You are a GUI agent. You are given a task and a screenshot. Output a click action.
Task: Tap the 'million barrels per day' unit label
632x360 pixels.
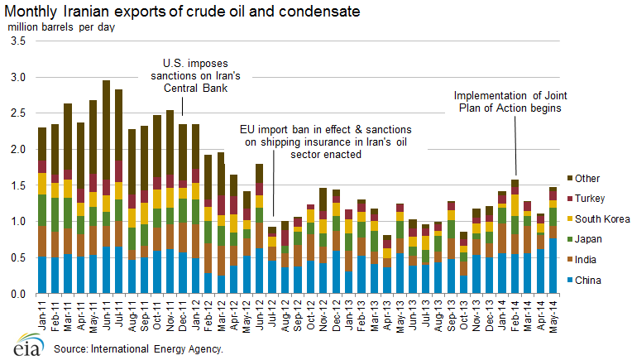(61, 25)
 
